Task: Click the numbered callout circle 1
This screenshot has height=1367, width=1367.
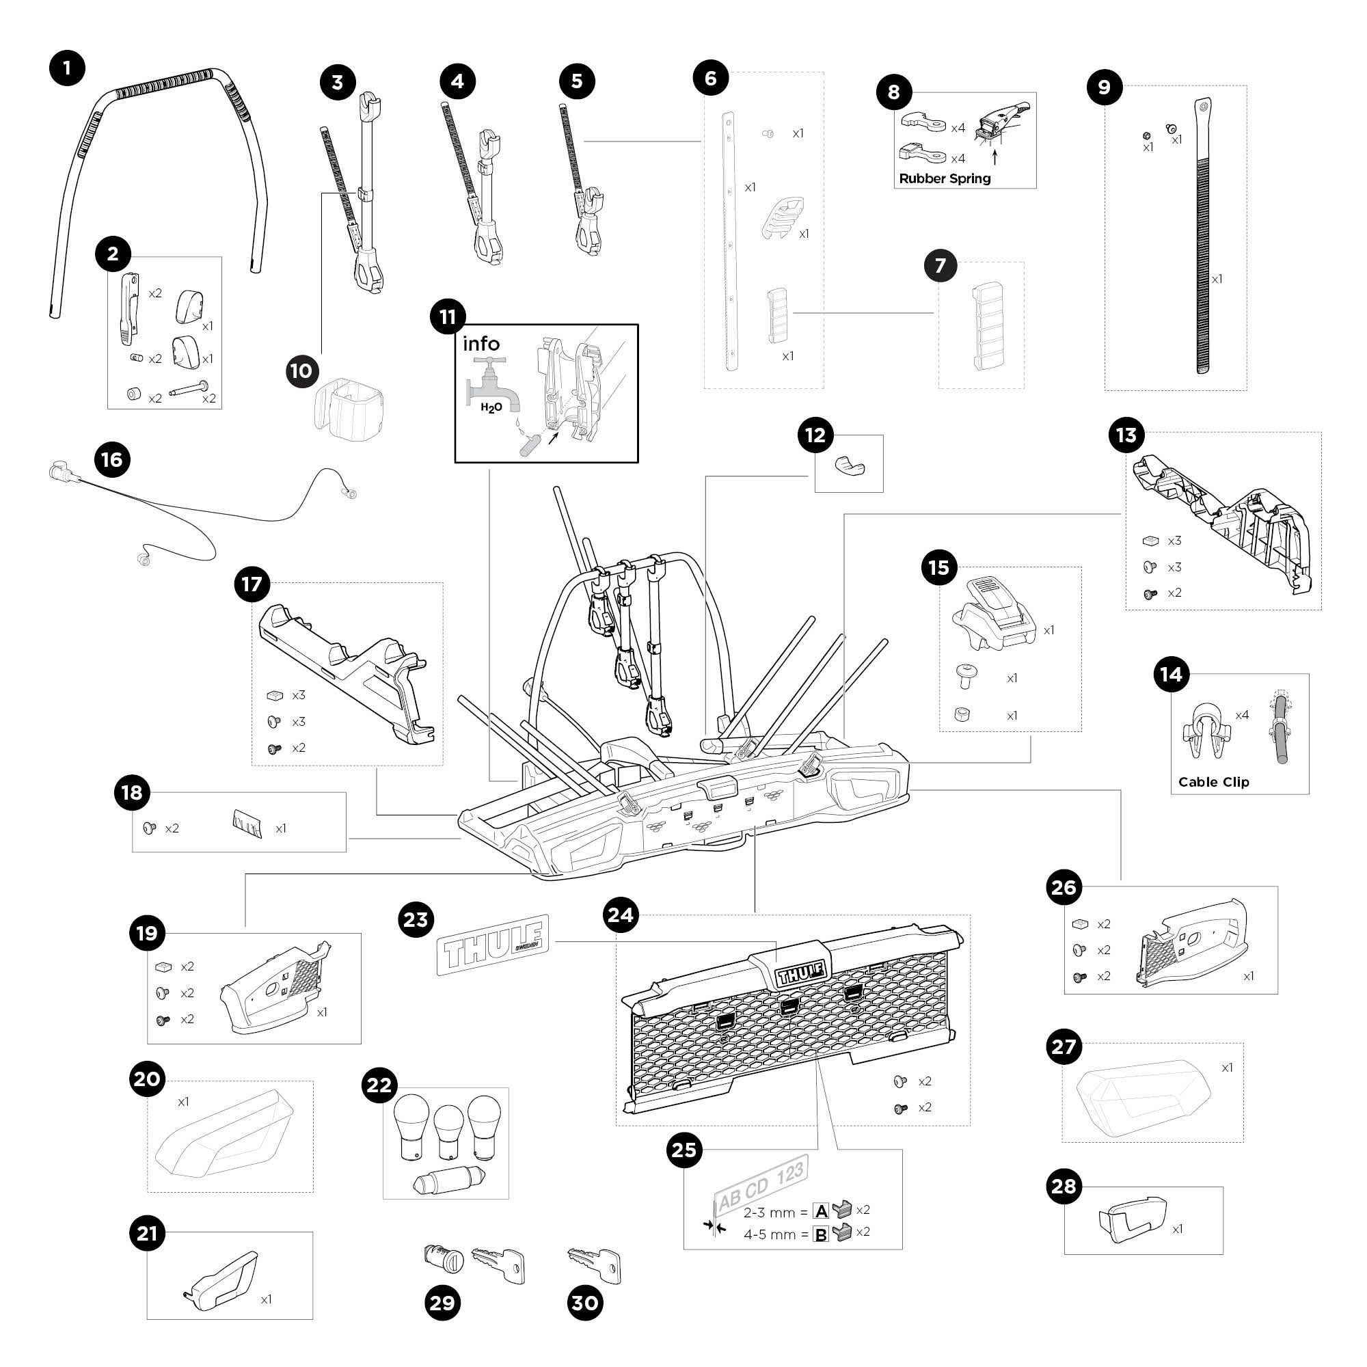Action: coord(67,68)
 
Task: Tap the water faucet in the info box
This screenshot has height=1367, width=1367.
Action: coord(490,383)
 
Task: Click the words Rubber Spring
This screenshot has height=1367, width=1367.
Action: coord(945,178)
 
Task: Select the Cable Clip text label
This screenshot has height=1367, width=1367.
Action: coord(1213,782)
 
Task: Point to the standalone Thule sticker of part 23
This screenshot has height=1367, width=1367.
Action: coord(493,945)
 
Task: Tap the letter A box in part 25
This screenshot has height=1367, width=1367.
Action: coord(821,1211)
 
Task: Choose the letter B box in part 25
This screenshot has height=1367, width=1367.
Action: coord(821,1234)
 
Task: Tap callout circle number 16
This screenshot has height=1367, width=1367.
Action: coord(112,460)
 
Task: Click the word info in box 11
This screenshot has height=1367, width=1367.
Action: coord(481,344)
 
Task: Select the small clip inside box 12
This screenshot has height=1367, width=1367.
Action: coord(849,465)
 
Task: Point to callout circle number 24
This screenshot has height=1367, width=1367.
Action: coord(621,915)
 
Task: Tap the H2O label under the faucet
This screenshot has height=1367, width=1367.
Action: coord(491,408)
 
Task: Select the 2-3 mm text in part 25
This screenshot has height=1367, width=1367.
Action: coord(770,1213)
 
